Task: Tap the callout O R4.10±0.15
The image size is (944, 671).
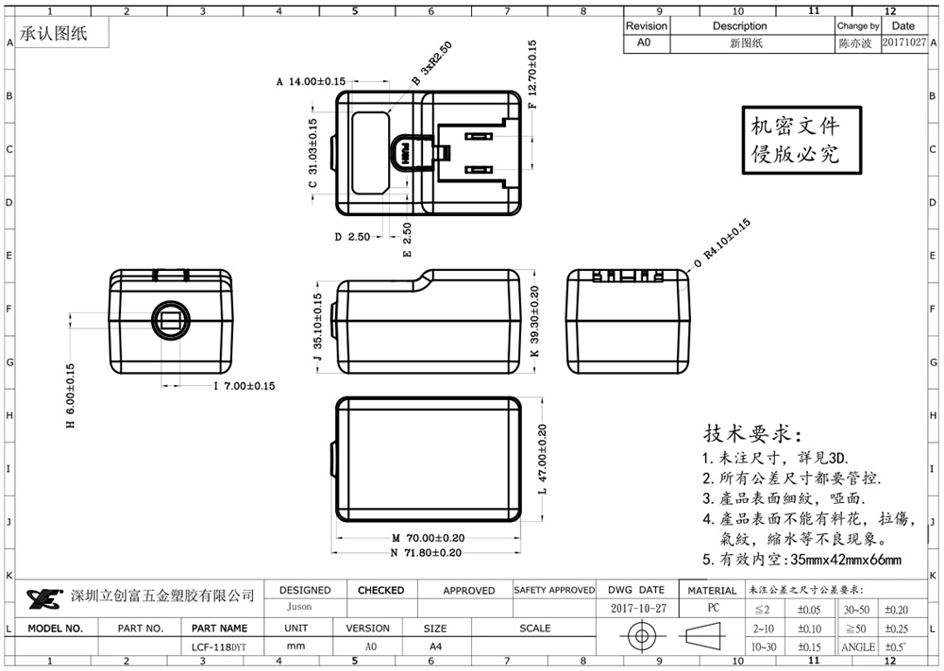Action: click(722, 243)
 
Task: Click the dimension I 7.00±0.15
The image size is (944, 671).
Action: click(244, 386)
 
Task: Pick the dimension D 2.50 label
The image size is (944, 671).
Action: click(352, 237)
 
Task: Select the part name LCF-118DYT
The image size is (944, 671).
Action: click(219, 647)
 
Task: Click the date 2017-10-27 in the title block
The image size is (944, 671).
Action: click(638, 609)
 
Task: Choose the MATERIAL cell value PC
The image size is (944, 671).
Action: click(713, 609)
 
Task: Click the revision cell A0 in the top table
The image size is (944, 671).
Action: click(645, 43)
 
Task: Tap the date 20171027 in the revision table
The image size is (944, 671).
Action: click(903, 43)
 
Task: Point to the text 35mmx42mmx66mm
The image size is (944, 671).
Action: click(845, 560)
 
